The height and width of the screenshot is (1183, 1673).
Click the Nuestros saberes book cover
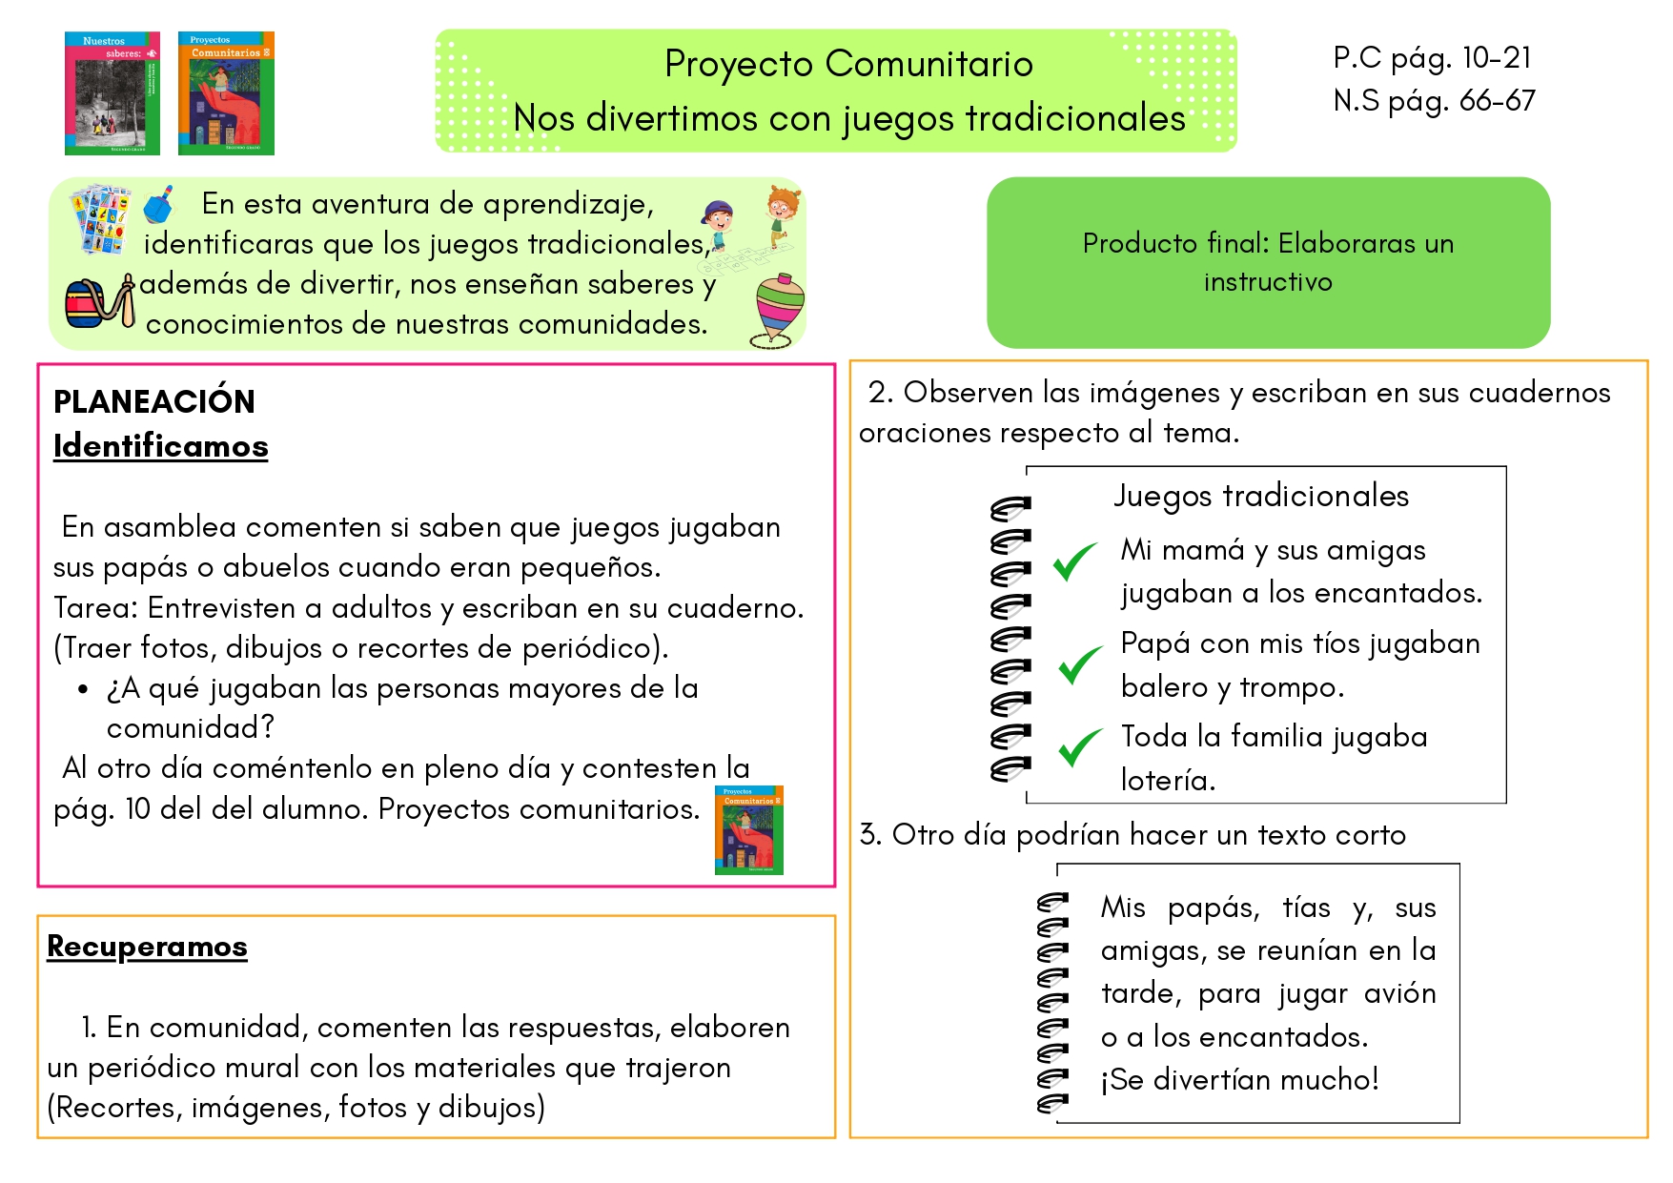[112, 93]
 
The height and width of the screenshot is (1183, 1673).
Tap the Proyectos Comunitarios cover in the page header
[226, 93]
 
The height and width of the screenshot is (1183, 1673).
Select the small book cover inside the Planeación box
[748, 829]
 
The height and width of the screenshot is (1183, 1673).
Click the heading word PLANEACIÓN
[154, 401]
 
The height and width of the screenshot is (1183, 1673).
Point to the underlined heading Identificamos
[160, 446]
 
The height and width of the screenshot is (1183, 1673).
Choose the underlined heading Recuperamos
[147, 946]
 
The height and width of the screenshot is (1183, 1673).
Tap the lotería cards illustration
[101, 218]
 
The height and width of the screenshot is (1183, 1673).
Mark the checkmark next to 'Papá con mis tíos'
[1080, 664]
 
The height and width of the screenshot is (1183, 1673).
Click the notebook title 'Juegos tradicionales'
[1261, 496]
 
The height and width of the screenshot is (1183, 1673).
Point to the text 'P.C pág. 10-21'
[1432, 58]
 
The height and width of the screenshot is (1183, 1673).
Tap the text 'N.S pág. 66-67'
[1434, 100]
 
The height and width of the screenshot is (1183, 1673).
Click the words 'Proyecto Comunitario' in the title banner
[848, 64]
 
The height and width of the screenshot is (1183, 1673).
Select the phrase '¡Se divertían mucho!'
[1239, 1079]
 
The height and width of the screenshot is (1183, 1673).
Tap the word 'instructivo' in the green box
[1268, 282]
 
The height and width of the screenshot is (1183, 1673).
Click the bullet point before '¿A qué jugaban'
[84, 689]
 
